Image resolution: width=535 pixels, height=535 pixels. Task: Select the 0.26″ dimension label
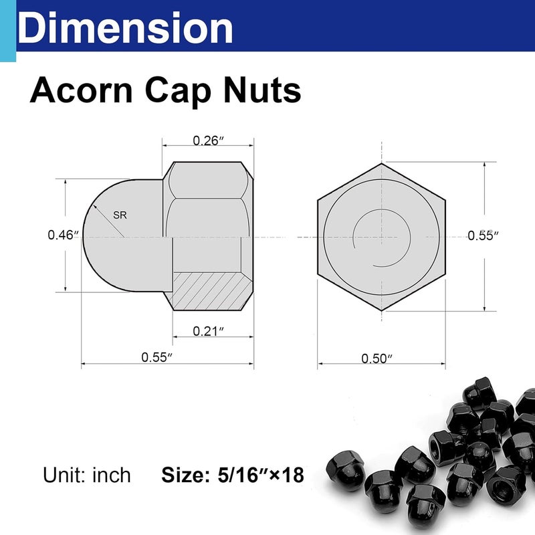coord(207,140)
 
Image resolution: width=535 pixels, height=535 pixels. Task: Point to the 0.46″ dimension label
coord(64,235)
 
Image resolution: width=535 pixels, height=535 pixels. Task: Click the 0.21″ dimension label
coord(207,330)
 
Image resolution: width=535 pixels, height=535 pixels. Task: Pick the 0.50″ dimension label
coord(377,358)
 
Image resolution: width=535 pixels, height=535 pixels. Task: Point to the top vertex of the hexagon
coord(382,163)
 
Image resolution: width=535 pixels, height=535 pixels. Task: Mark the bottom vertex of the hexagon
coord(382,311)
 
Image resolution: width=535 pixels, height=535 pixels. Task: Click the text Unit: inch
coord(87,475)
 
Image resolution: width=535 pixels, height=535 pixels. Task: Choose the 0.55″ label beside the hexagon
coord(484,235)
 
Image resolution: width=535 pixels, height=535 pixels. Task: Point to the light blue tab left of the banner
coord(7,30)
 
